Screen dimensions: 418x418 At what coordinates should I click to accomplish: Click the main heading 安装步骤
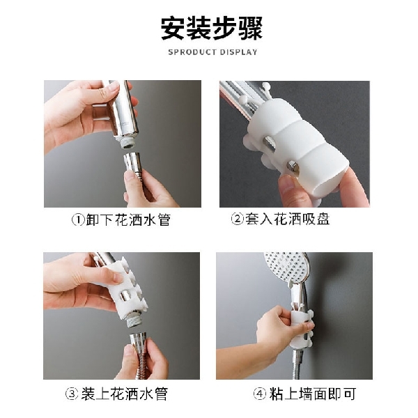click(x=212, y=29)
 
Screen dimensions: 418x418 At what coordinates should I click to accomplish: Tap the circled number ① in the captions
click(x=78, y=220)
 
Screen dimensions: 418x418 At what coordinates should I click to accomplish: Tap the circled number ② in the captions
click(x=238, y=219)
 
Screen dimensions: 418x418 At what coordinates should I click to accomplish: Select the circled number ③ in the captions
click(x=72, y=394)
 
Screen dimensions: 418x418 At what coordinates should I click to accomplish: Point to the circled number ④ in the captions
click(x=260, y=394)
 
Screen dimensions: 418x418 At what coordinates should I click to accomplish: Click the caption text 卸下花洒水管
click(x=128, y=220)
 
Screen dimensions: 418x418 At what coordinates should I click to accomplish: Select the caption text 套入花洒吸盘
click(x=287, y=219)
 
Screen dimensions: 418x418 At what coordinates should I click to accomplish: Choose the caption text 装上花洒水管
click(x=125, y=394)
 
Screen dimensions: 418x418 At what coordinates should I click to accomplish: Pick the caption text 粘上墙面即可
click(x=312, y=394)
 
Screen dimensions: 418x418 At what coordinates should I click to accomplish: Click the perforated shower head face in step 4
click(x=285, y=267)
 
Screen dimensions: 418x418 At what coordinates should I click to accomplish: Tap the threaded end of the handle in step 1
click(x=128, y=143)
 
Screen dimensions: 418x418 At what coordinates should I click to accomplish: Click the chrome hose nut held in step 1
click(x=133, y=163)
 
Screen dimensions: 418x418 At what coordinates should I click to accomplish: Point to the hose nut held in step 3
click(x=138, y=343)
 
